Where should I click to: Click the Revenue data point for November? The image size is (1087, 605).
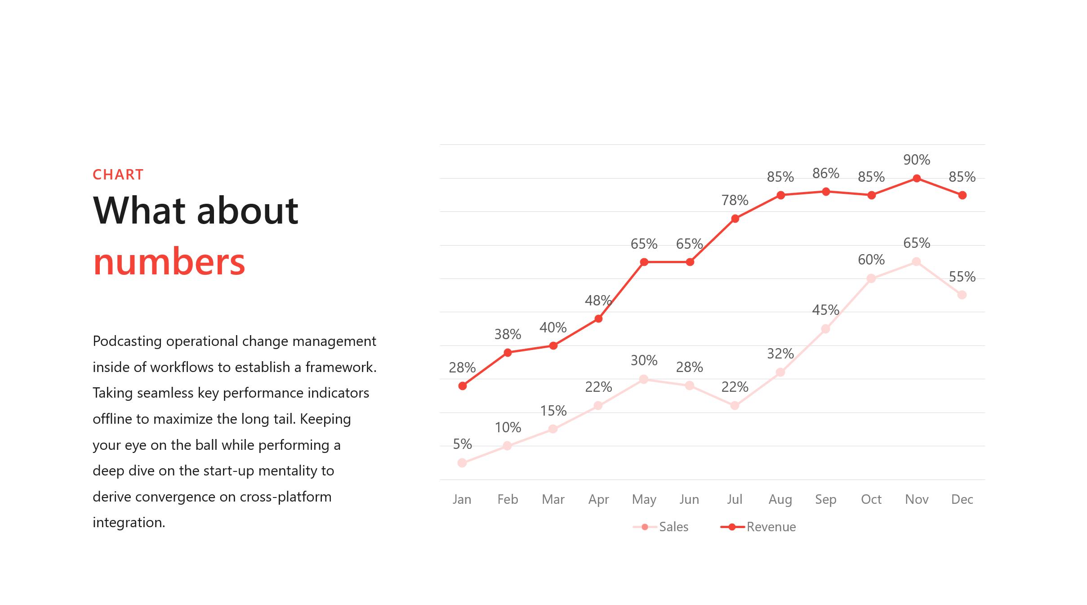click(917, 179)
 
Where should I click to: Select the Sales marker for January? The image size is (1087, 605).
click(462, 463)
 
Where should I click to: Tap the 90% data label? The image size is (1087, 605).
click(917, 160)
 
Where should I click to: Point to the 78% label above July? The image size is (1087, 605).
click(735, 200)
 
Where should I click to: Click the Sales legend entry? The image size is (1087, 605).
click(660, 527)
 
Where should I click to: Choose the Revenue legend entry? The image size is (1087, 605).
click(758, 527)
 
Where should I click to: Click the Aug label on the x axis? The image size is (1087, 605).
click(780, 500)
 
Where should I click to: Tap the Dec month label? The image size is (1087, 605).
click(962, 499)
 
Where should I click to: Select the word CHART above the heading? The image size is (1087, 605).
click(118, 175)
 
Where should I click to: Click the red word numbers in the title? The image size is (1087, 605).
click(169, 261)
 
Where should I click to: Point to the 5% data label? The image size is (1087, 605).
click(462, 444)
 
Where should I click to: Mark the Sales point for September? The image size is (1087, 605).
click(825, 329)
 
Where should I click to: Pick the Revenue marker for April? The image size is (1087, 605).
click(598, 319)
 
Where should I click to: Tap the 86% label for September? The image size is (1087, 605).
click(826, 173)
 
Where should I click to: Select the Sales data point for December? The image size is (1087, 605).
click(962, 295)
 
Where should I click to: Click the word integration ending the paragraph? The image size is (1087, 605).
click(129, 523)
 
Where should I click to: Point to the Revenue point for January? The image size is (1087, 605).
click(463, 386)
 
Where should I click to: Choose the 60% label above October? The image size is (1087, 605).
click(871, 260)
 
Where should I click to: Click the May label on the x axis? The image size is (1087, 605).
click(644, 500)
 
